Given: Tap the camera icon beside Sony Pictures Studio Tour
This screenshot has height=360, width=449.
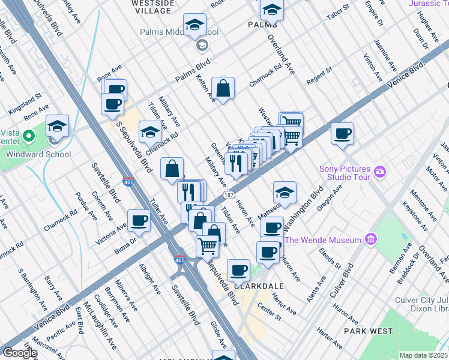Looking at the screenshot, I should coord(379,173).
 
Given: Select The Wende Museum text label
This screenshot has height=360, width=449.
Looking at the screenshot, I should coord(324,240).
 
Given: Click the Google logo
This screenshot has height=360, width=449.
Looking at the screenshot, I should coord(19,353).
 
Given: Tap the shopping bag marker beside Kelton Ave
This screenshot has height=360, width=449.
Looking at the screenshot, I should coord(223,89).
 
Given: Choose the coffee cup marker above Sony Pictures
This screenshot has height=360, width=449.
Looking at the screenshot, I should coord(342,133).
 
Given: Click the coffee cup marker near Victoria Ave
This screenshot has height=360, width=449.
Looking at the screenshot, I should coord(139,220).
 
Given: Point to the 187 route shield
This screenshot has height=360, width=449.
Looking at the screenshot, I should coord(228,195).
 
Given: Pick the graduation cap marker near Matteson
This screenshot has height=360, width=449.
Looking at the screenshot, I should coord(285,193).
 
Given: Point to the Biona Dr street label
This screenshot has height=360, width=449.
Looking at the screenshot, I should coord(125,240).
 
